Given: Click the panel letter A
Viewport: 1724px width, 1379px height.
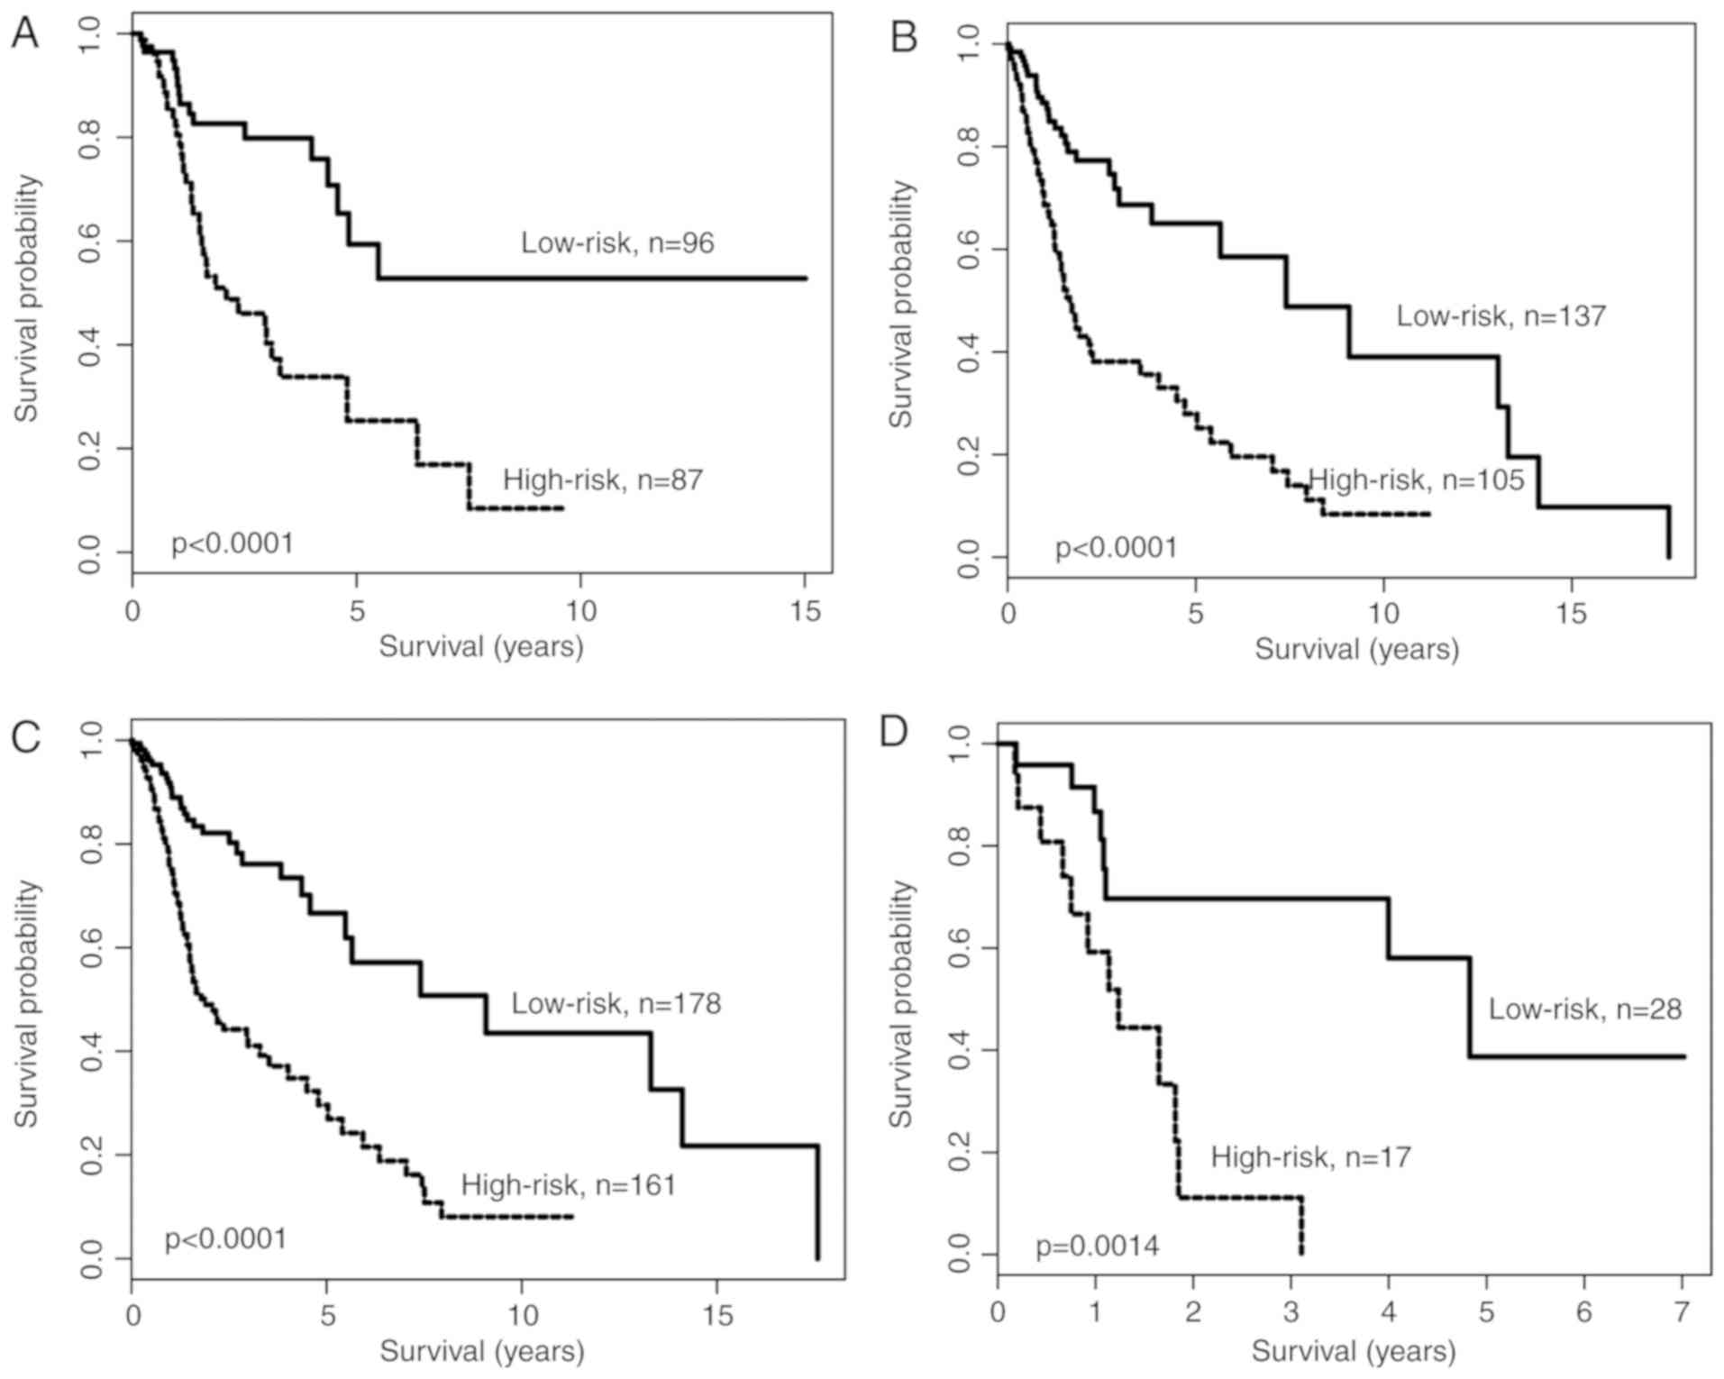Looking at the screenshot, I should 24,33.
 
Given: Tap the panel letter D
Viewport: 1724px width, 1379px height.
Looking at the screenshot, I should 893,732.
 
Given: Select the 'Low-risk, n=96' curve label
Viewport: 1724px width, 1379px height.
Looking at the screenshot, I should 617,242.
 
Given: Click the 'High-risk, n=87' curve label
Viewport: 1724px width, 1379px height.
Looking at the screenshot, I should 602,479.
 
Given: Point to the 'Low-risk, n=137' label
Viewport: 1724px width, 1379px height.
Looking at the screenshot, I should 1501,315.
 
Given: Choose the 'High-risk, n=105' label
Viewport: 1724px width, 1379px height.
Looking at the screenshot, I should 1416,480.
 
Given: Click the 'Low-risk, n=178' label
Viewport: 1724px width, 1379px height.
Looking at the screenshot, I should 616,1003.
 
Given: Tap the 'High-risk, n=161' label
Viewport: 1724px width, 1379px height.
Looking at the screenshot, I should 568,1184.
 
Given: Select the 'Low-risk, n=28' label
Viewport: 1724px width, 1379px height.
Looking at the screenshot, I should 1584,1009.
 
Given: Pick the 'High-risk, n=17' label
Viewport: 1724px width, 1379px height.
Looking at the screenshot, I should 1310,1156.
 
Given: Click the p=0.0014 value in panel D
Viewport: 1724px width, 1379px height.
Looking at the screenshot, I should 1097,1247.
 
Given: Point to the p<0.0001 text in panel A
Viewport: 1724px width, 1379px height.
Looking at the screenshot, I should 233,543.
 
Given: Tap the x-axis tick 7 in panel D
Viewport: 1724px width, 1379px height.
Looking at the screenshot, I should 1682,1311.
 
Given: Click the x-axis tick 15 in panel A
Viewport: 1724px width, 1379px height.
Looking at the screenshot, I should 805,611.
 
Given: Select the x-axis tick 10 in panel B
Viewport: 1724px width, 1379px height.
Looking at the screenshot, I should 1383,615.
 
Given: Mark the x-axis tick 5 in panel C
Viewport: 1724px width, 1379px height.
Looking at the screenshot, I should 327,1316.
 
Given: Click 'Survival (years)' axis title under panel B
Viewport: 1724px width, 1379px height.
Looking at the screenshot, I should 1356,650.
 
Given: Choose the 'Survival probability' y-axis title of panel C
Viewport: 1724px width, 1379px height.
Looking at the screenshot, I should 27,1003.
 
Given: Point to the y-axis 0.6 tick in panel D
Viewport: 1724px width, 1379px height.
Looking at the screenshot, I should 961,949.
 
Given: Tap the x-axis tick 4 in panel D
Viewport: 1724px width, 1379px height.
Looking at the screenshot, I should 1388,1311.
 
